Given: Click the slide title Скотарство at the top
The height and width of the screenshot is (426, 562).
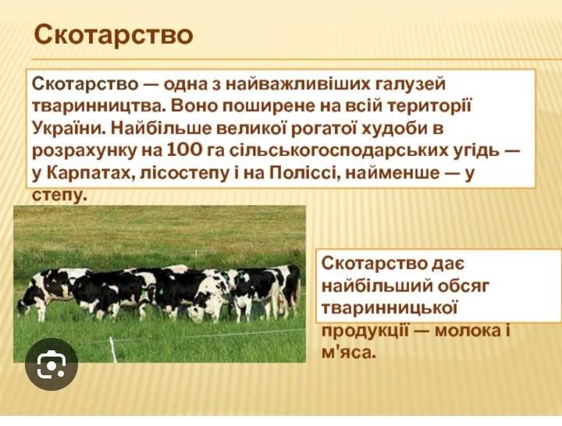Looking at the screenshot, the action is (114, 34).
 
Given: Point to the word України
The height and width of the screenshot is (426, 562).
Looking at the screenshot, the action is (69, 128).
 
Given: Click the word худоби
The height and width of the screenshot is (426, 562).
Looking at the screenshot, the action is (396, 128).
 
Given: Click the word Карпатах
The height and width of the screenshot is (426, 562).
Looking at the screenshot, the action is (90, 173).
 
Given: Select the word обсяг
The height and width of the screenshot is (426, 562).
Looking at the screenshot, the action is (459, 286).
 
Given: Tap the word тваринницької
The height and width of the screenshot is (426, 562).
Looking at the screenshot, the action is (389, 308).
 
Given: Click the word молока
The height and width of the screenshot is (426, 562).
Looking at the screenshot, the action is (468, 330).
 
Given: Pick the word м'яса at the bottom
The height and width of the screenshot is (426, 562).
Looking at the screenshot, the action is (349, 353).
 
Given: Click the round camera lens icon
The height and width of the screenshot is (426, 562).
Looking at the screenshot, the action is (52, 364).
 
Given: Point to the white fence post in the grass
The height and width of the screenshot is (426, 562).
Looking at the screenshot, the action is (114, 350).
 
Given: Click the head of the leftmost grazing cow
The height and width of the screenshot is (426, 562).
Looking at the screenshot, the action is (23, 307).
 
